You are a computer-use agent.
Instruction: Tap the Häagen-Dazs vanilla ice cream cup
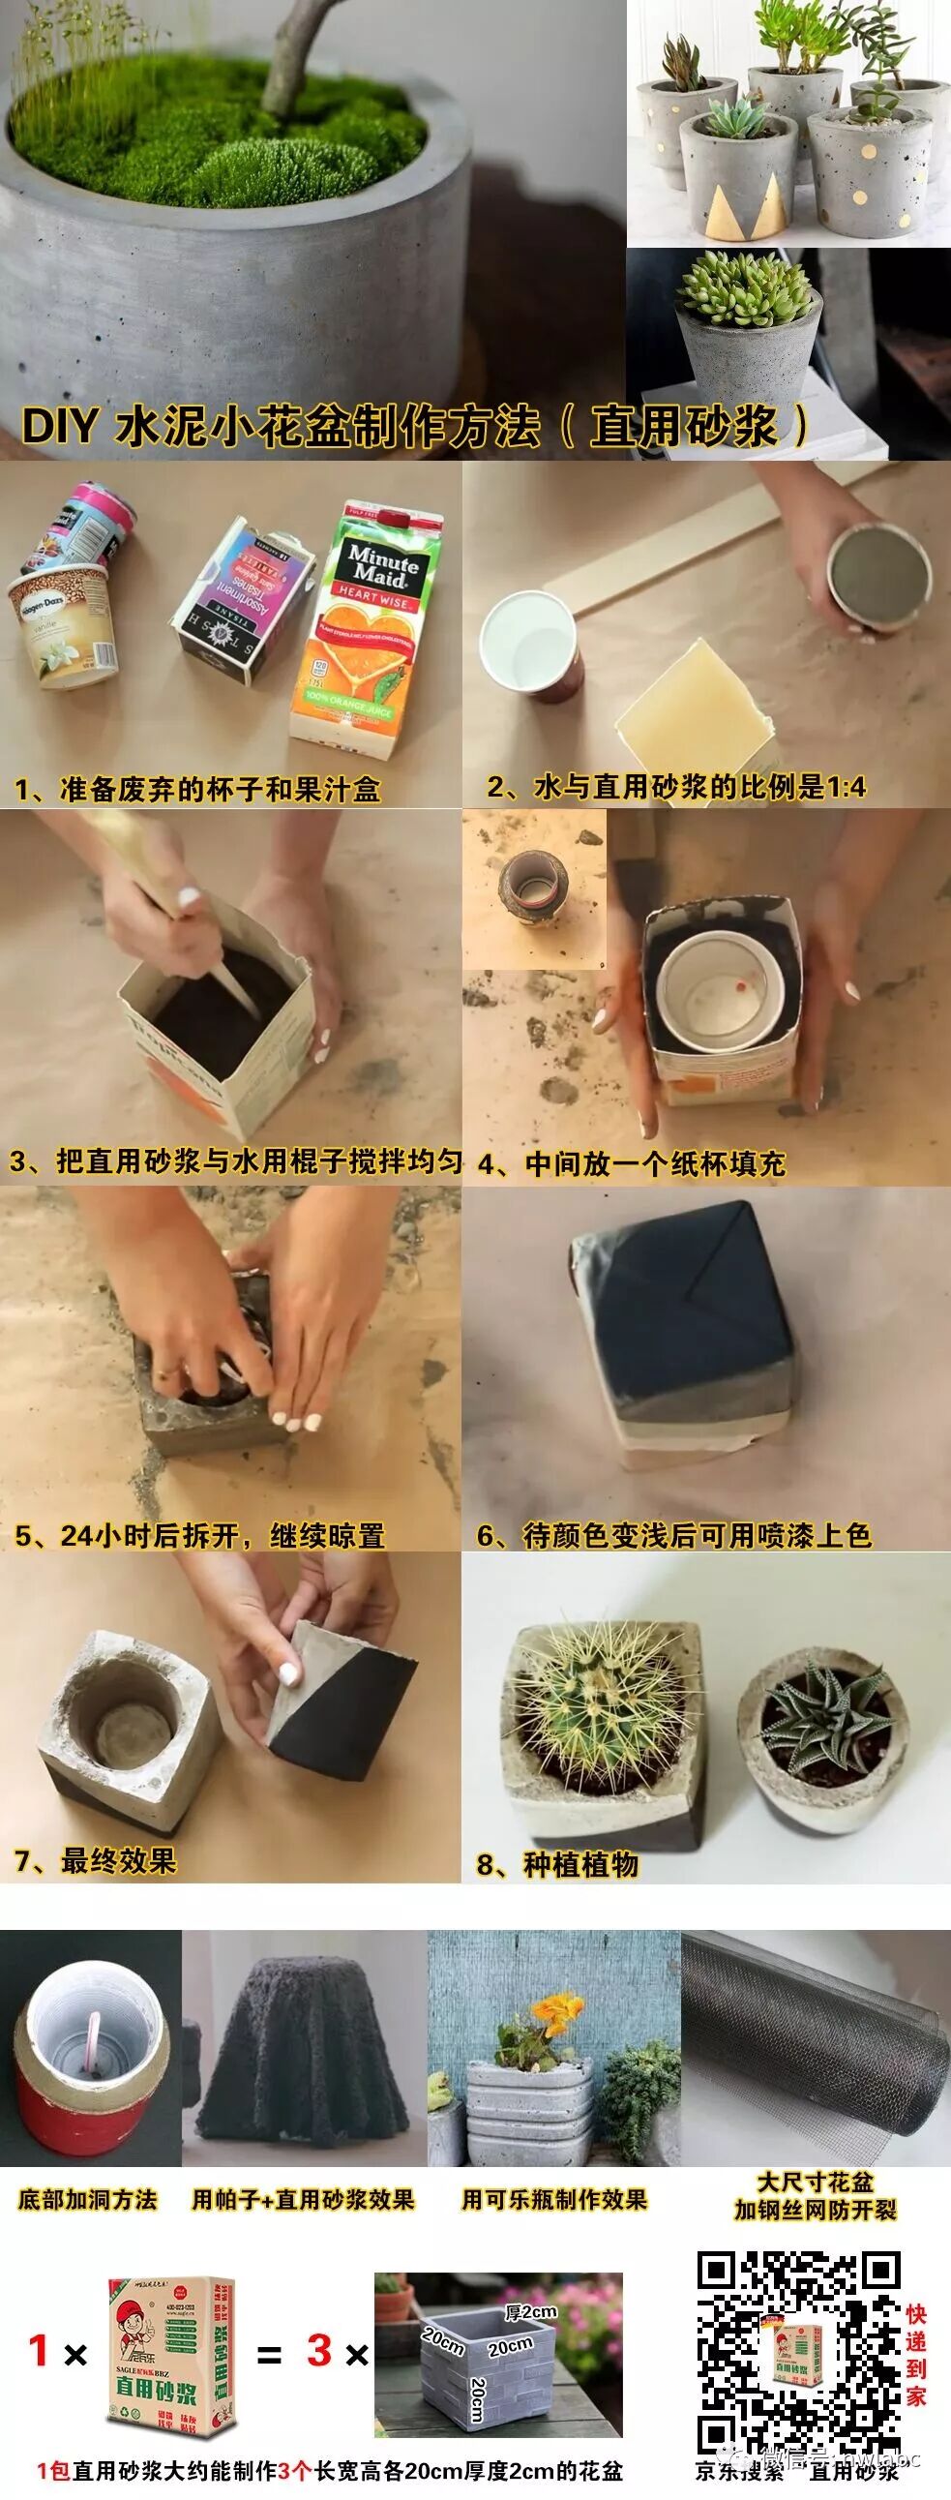tap(63, 621)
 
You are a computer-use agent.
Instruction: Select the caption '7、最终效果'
tap(95, 1860)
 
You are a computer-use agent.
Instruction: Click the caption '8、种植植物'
tap(557, 1864)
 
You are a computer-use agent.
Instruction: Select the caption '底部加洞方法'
tap(87, 2199)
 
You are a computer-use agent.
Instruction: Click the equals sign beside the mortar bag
tap(269, 2355)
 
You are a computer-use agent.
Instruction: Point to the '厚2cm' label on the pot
tap(531, 2313)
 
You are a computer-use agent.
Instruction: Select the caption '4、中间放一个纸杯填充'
tap(631, 1163)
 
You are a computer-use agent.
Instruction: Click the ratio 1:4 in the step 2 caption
tap(846, 787)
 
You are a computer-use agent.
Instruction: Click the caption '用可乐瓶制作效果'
tap(554, 2200)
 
